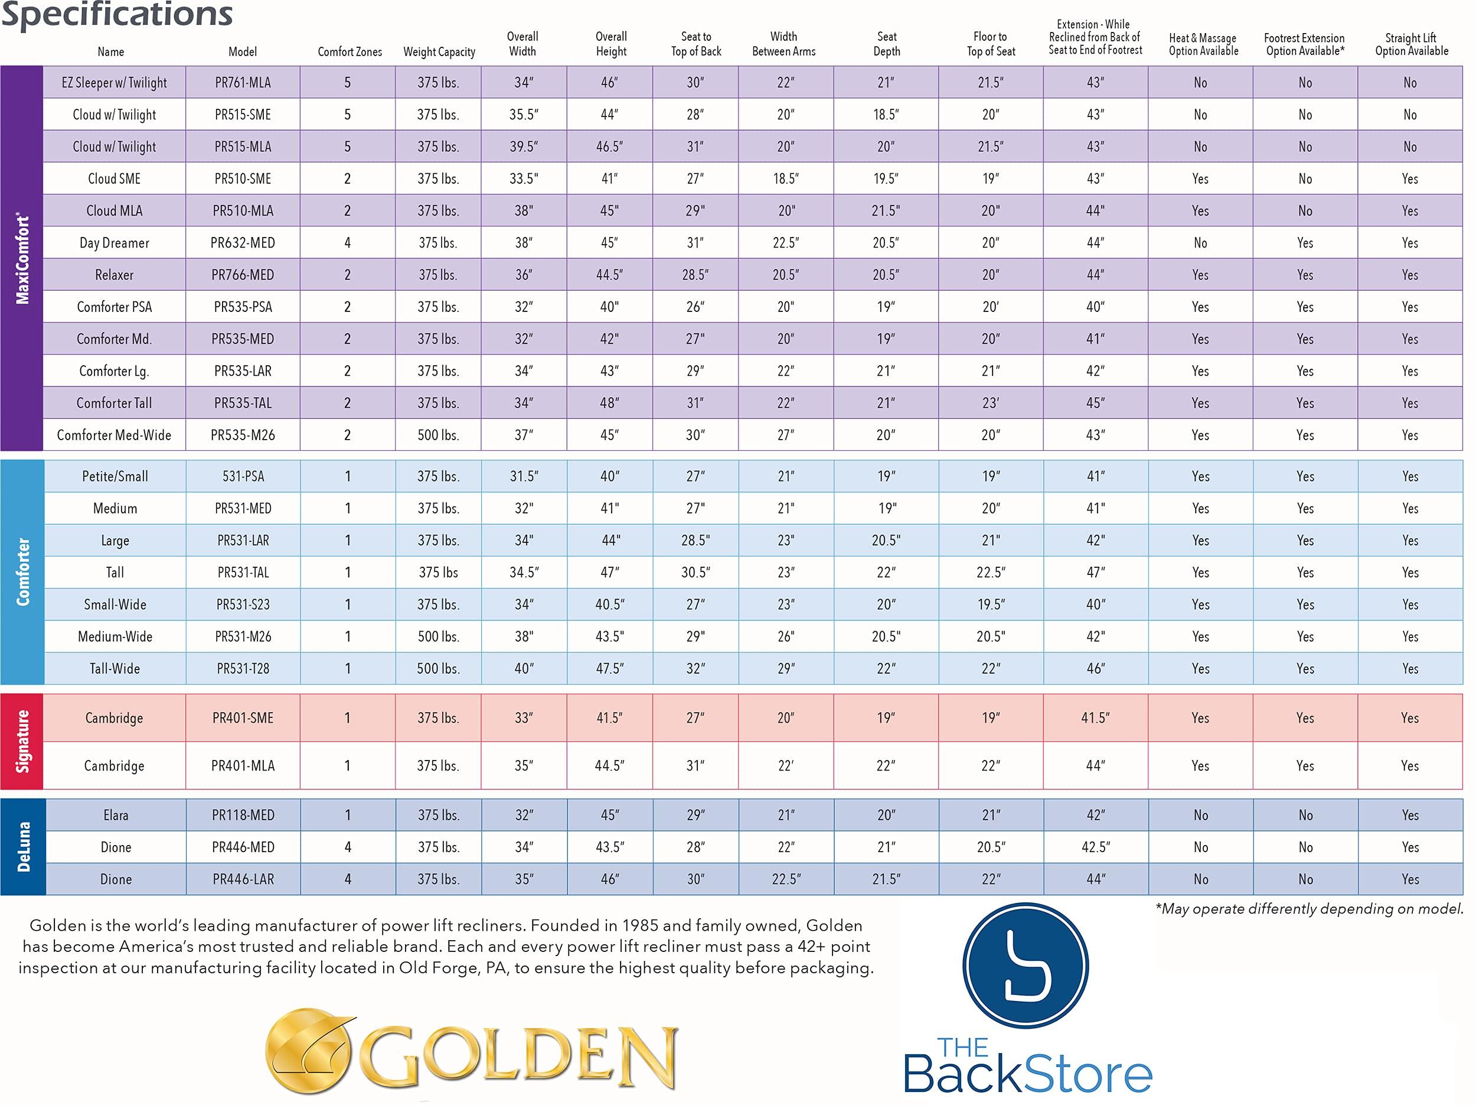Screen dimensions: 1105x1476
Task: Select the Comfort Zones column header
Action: [350, 51]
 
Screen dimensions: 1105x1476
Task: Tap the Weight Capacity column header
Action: [439, 51]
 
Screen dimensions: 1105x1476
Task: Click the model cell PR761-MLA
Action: [243, 83]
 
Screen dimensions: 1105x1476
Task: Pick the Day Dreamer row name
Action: [114, 243]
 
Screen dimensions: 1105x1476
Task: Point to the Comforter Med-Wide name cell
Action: [114, 435]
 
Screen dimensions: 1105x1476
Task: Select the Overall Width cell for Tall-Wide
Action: [524, 668]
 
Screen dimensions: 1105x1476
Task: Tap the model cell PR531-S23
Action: [243, 605]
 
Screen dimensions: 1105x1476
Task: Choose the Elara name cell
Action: [116, 815]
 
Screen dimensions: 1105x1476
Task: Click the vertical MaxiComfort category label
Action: [22, 259]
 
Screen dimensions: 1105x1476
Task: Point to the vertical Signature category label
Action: [22, 742]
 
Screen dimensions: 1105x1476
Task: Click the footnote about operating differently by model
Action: [1309, 909]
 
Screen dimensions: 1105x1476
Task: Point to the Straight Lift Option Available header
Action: [1411, 44]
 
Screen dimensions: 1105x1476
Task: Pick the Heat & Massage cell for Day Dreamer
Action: [1200, 243]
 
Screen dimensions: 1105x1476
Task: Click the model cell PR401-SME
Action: [243, 719]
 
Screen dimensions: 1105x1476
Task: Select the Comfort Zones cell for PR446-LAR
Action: [348, 879]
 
